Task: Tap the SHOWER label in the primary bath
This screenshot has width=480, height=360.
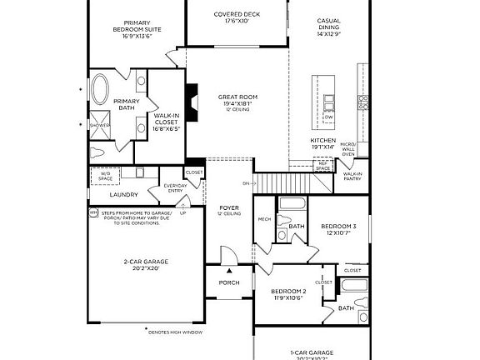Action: (100, 125)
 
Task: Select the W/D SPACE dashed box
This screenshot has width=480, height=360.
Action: (105, 175)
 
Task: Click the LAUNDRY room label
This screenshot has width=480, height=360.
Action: (124, 194)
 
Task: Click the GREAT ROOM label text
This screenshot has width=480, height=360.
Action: (237, 97)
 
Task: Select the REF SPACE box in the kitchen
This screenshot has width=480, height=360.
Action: (322, 167)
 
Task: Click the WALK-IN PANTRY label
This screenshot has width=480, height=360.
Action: (352, 176)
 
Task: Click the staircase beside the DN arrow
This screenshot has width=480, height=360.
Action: (274, 182)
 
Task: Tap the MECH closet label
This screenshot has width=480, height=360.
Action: (265, 220)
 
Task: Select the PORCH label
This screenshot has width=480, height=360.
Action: (229, 282)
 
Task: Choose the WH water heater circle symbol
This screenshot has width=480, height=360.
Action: (93, 212)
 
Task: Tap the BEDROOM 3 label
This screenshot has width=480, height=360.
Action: (338, 227)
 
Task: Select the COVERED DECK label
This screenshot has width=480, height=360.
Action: (237, 14)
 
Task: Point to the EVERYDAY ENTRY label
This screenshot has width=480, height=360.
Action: (175, 188)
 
